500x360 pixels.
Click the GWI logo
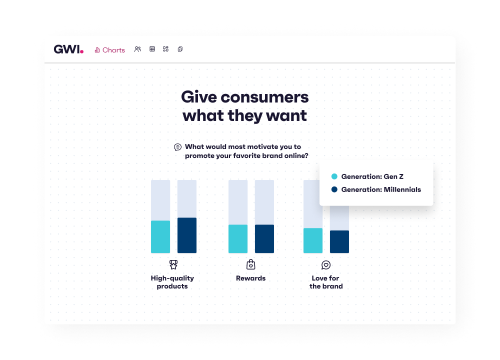(x=68, y=49)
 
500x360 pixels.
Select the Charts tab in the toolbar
(x=109, y=50)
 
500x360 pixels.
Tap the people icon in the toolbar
(x=138, y=49)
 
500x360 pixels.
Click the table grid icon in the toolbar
(x=152, y=49)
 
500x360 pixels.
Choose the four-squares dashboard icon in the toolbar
(x=166, y=49)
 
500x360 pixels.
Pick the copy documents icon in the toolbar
(x=180, y=49)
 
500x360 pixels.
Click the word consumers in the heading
(x=264, y=97)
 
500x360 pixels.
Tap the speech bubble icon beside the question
(x=177, y=147)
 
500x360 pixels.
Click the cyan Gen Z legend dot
(x=334, y=176)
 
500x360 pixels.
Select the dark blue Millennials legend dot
(x=334, y=189)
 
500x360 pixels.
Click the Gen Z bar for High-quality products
(x=160, y=236)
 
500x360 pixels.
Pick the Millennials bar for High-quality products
(x=187, y=235)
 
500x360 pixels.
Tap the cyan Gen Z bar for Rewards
(x=238, y=239)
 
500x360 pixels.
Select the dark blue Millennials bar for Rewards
(x=264, y=239)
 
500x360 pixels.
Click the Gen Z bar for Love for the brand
(x=313, y=240)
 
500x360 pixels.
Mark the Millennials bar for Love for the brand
(x=339, y=241)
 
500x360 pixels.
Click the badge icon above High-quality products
(x=173, y=264)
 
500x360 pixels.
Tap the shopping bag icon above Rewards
(x=251, y=264)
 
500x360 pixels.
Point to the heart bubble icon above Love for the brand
(x=326, y=265)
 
